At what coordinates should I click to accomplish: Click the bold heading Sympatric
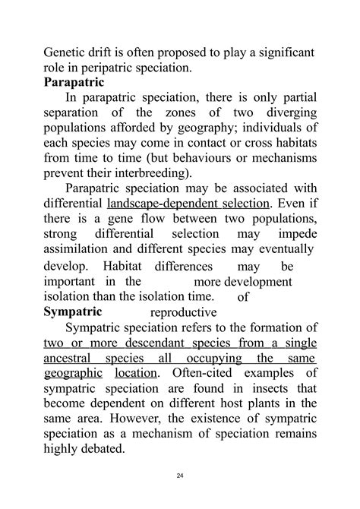click(x=73, y=311)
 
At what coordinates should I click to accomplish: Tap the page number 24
click(x=180, y=476)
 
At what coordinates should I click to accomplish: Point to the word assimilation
click(x=85, y=249)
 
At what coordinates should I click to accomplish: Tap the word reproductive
click(x=183, y=312)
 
